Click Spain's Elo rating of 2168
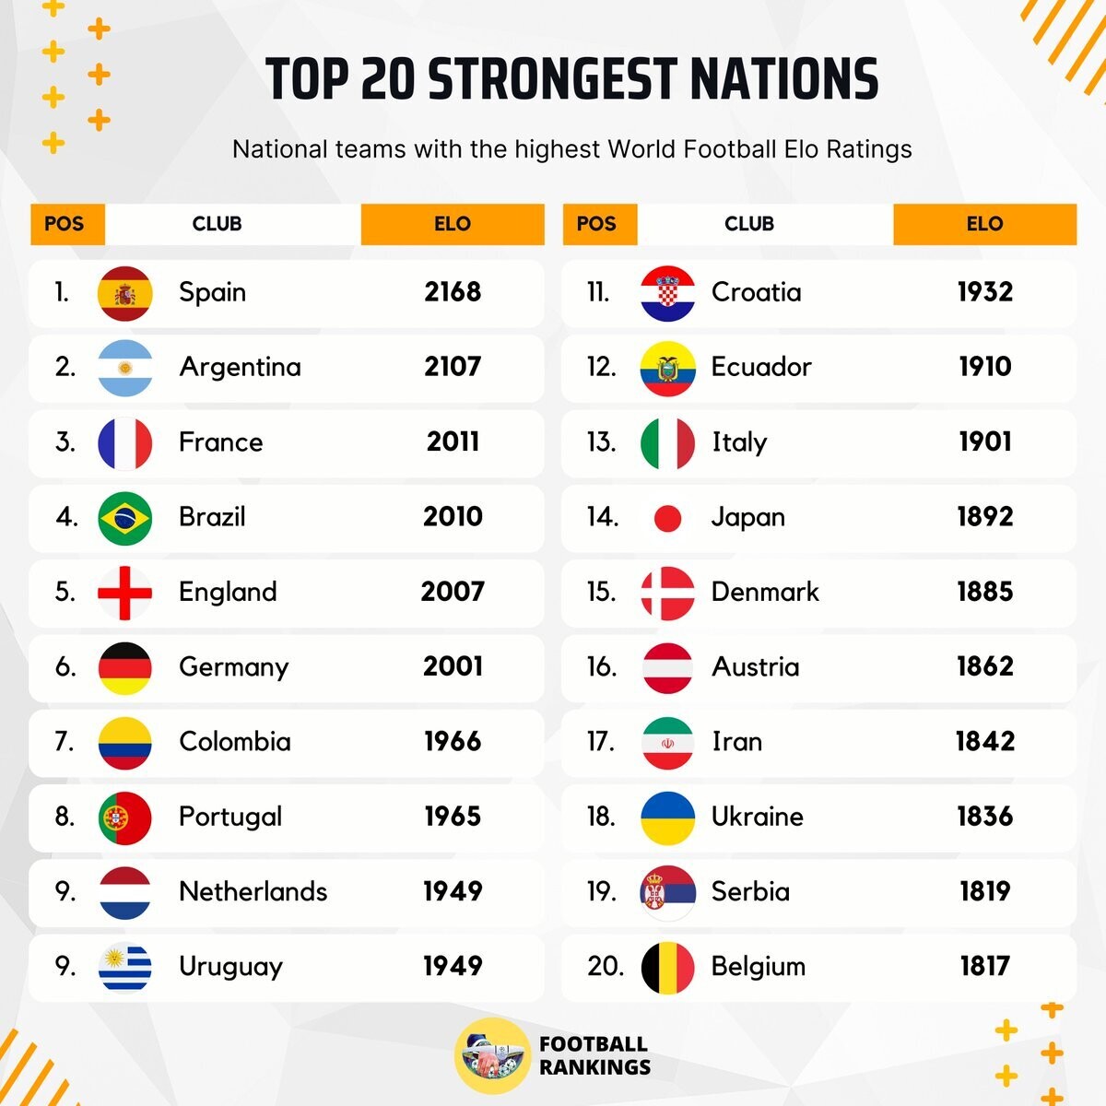453,292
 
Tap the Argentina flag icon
124,367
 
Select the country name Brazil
212,517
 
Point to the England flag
124,592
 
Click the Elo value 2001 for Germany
453,666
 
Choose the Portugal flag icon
124,818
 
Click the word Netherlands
253,891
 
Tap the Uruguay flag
124,967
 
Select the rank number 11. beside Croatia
598,292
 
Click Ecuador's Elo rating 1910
985,367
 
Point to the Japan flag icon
667,518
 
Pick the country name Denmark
765,592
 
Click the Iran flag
667,742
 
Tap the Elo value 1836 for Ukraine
985,817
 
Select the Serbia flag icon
667,892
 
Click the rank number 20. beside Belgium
605,967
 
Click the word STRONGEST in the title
552,79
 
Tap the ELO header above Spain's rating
453,224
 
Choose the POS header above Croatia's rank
596,224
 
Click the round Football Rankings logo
492,1056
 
